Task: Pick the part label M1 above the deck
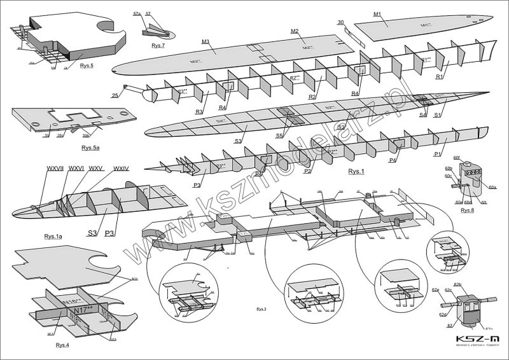377,15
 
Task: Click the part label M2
295,31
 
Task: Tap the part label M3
206,42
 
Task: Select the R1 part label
439,77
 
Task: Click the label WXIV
121,169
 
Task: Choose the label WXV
97,169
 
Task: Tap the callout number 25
115,96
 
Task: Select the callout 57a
137,13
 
